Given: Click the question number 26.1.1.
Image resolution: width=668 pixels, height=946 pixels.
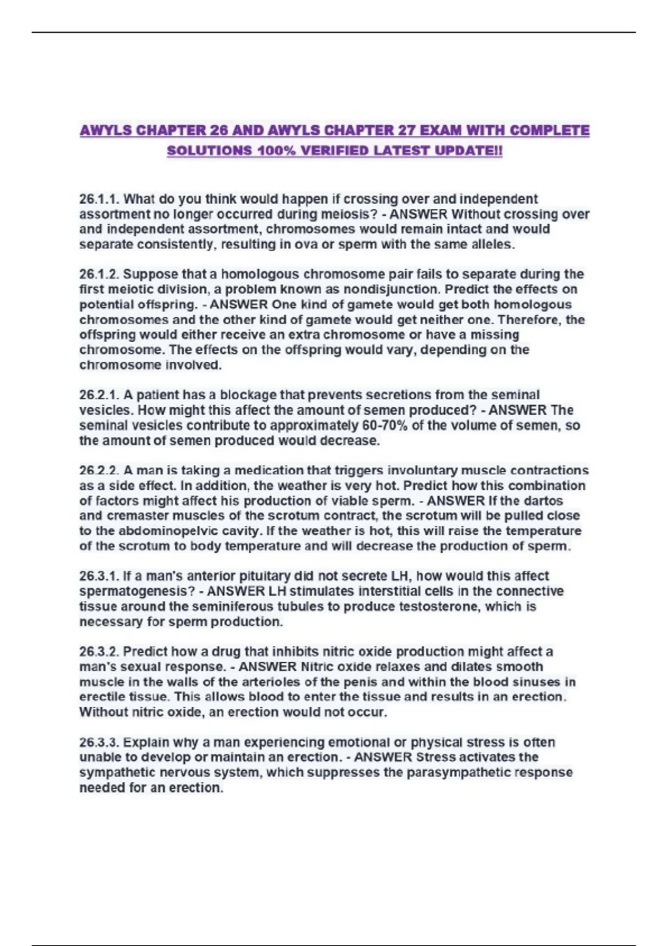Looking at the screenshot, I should pos(99,199).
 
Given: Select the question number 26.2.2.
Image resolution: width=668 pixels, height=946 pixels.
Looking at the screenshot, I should pos(99,471).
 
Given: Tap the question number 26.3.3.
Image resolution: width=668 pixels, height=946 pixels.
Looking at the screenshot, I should pos(99,742).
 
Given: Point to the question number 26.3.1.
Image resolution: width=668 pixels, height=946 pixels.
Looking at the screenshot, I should pos(99,576).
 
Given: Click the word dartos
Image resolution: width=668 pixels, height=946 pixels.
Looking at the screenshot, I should pos(544,501).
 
